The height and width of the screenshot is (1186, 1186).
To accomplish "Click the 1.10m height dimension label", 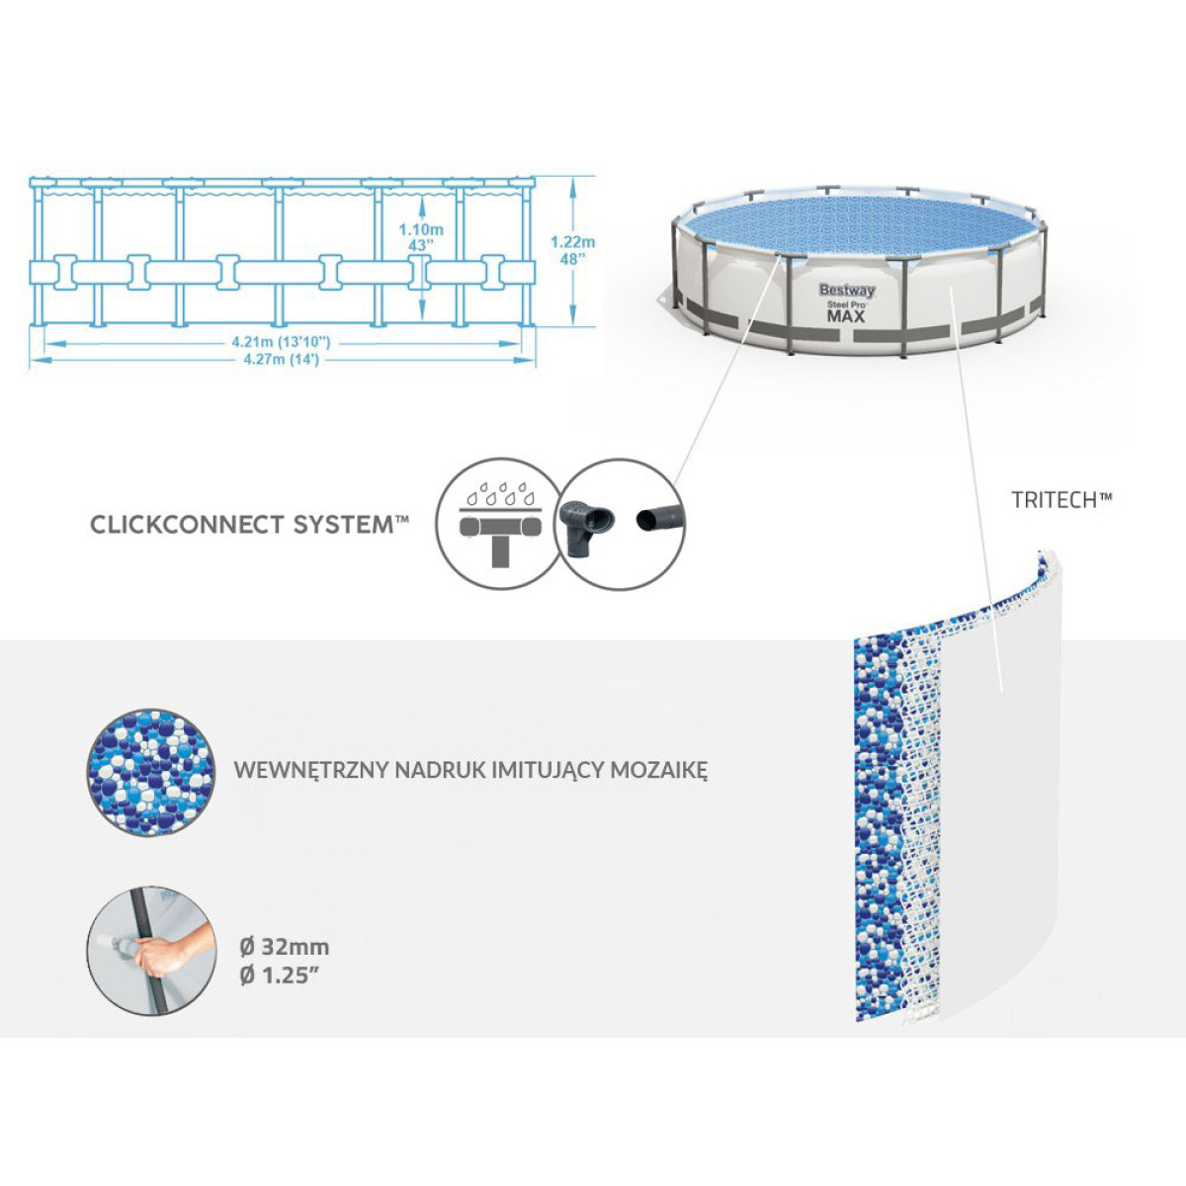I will [421, 229].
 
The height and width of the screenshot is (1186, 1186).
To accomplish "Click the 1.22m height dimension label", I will [572, 241].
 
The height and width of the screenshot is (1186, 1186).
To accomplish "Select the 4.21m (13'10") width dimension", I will [281, 342].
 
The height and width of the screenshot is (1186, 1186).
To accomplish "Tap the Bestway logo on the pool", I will [847, 291].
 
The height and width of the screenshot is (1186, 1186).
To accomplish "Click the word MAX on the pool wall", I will [846, 316].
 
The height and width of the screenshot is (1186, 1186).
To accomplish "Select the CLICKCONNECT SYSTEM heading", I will [249, 525].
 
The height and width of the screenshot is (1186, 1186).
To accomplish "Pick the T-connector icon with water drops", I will [499, 524].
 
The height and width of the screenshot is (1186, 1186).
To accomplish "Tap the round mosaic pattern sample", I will [151, 771].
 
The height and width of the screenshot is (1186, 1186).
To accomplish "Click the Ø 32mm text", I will [285, 947].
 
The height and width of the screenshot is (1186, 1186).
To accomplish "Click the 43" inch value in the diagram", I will [421, 245].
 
